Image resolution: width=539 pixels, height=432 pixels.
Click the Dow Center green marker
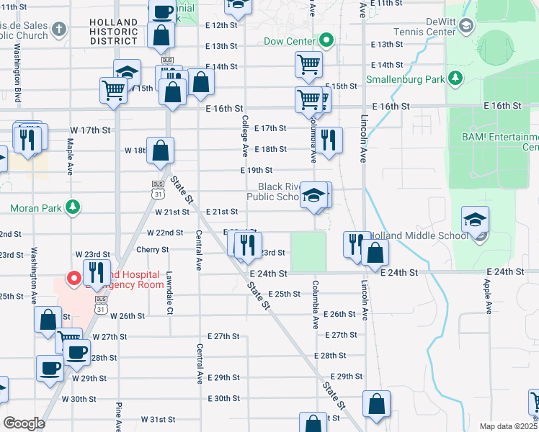coord(326,41)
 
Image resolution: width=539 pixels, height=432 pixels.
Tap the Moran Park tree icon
coord(72,209)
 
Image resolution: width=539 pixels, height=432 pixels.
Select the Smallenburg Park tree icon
coord(455,78)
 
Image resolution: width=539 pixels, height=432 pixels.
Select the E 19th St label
coord(256,171)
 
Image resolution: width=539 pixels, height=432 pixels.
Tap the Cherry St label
coord(153,250)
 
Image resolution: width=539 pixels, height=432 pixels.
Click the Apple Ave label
coord(488,297)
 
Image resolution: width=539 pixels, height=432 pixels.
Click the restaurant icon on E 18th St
coord(329,140)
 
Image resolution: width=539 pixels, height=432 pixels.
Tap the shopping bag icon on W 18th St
coord(161,150)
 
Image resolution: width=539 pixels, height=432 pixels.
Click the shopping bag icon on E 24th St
coord(375,252)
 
